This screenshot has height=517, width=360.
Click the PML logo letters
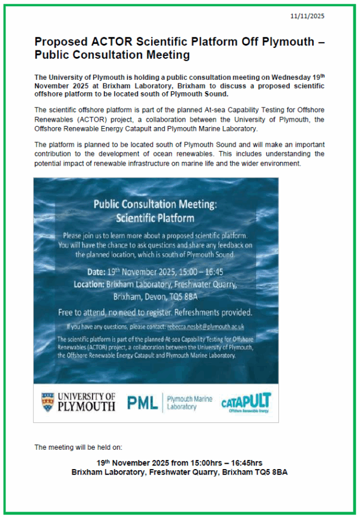coord(142,402)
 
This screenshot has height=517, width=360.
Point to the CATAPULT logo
coord(246,401)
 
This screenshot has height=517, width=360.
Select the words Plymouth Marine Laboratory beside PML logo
coord(189,402)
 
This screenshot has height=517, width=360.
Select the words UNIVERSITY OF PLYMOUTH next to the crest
coord(86,402)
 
